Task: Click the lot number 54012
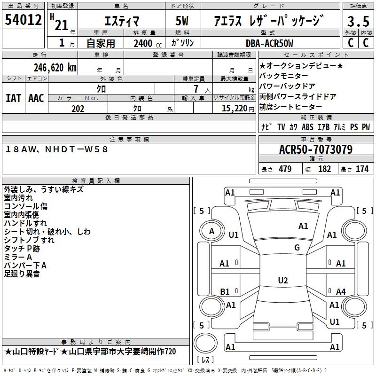pos(23,19)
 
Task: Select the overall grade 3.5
pos(358,21)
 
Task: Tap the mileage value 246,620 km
pos(55,68)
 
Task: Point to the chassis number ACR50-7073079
pos(316,149)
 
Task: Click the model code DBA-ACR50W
pos(269,43)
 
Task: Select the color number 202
pos(78,109)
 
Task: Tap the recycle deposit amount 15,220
pos(235,109)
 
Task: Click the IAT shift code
pos(13,98)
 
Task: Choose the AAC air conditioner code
pos(36,98)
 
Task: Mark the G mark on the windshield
pos(297,247)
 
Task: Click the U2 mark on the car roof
pos(283,280)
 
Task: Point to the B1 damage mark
pos(225,291)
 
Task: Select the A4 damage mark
pos(341,291)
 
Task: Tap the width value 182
pos(324,169)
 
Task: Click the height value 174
pos(362,169)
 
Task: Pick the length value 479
pos(285,169)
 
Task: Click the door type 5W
pos(182,21)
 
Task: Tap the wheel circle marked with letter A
pos(211,231)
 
